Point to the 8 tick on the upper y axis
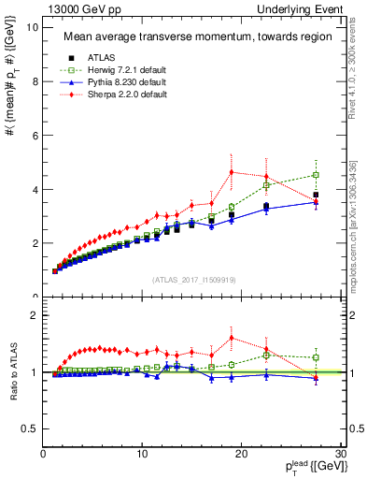[35, 81]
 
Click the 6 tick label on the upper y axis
[35, 136]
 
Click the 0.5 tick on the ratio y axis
[30, 428]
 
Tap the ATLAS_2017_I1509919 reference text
[193, 278]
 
